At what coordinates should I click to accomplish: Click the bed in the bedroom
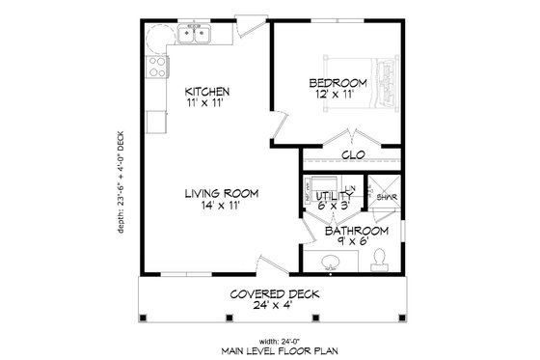(384, 83)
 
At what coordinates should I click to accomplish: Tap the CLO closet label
(352, 153)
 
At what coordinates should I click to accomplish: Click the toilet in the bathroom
(381, 257)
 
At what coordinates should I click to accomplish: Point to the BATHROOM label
(356, 232)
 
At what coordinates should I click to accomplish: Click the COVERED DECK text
(275, 294)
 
